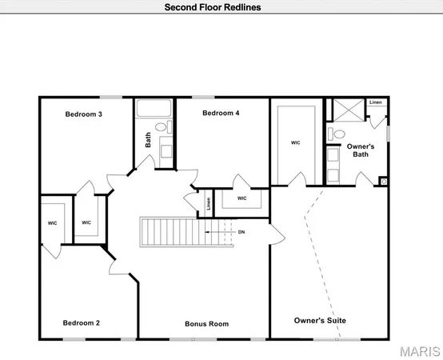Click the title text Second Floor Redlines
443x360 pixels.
click(x=212, y=7)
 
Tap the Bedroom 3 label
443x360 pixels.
click(x=83, y=114)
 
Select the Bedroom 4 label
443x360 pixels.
click(x=221, y=113)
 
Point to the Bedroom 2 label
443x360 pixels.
click(x=81, y=323)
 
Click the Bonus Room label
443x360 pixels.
click(x=206, y=324)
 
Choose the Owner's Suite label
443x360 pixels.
click(x=320, y=321)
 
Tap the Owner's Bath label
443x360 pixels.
click(x=360, y=150)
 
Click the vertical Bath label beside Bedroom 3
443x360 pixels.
click(x=148, y=140)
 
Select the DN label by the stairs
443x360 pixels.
click(x=241, y=232)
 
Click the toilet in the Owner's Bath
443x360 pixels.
click(x=337, y=134)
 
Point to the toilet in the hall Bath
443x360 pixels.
click(x=160, y=127)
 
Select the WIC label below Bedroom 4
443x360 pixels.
click(x=241, y=198)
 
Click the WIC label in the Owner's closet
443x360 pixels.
click(x=295, y=143)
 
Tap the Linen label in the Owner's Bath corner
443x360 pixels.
click(x=375, y=102)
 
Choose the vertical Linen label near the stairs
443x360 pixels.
click(x=208, y=204)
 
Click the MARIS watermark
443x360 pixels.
click(x=417, y=350)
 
